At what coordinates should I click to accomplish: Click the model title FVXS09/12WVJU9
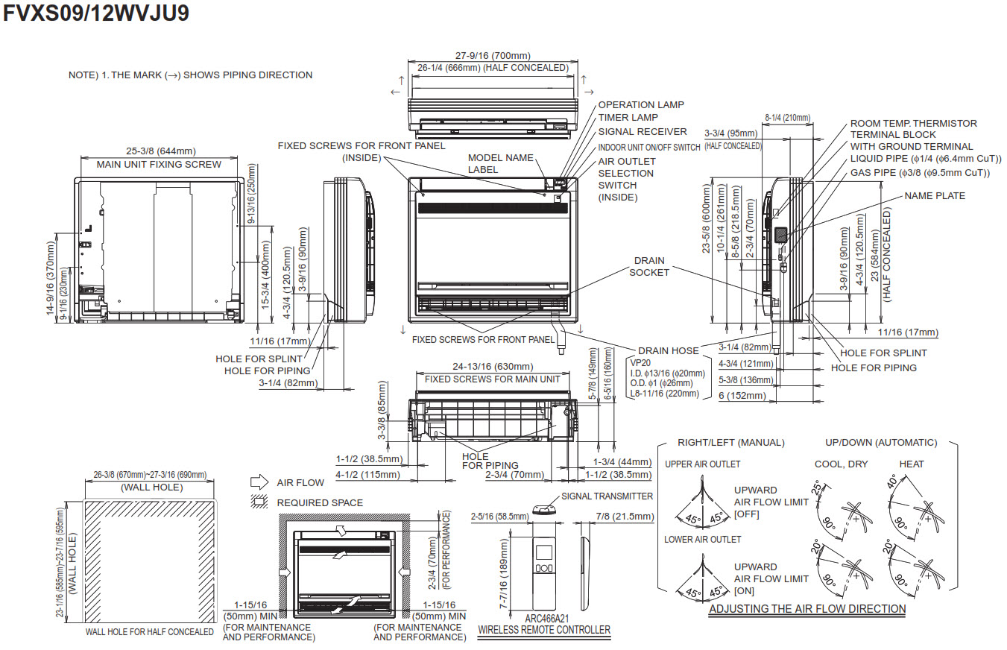point(96,14)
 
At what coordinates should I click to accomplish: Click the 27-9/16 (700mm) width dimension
point(493,55)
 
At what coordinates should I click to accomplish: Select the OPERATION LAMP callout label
point(640,105)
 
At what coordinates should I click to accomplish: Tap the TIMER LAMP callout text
point(628,118)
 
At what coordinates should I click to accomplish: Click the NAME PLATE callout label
point(935,196)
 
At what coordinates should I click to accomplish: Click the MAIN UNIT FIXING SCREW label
point(159,164)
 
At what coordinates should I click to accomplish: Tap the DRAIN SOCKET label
point(649,267)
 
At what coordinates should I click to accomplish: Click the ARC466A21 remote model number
point(546,619)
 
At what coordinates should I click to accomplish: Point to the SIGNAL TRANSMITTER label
point(607,496)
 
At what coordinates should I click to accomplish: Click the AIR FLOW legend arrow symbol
point(259,482)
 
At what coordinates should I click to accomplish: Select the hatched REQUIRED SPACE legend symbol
point(259,503)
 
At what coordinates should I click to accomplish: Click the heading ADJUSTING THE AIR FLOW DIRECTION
point(807,609)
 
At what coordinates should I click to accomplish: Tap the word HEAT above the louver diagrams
point(911,464)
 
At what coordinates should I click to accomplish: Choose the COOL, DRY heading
point(841,464)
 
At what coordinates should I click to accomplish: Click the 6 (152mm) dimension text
point(742,396)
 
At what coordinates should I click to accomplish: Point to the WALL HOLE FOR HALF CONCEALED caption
point(149,632)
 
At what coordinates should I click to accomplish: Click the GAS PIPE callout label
point(920,173)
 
